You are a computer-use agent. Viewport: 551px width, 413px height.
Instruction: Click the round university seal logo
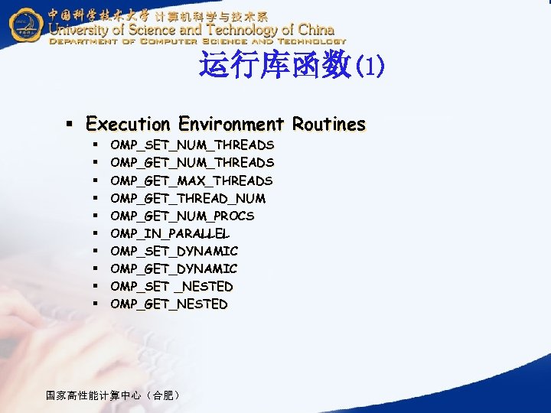tap(26, 26)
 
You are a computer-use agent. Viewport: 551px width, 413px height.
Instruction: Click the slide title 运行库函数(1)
tap(292, 66)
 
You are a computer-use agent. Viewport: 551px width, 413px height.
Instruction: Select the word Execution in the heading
tap(129, 124)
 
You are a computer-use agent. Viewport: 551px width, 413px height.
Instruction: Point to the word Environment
tap(231, 124)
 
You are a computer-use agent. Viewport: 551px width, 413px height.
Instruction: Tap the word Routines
tap(328, 124)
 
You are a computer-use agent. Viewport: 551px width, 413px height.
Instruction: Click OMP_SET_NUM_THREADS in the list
tap(192, 145)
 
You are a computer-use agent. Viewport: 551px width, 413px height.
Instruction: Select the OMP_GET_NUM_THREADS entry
tap(192, 162)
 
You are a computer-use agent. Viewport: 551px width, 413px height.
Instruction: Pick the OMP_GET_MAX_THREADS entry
tap(191, 180)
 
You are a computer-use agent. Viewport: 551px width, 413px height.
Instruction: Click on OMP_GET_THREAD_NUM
tap(188, 198)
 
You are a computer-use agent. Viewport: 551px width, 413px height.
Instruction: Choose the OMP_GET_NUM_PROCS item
tap(182, 216)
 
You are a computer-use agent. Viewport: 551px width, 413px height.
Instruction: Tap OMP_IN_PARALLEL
tap(170, 233)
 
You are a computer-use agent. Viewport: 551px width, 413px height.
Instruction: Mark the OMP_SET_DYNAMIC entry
tap(174, 251)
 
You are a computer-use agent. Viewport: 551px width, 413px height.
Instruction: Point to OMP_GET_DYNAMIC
tap(174, 268)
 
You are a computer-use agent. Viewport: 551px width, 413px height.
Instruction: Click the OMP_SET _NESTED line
tap(171, 286)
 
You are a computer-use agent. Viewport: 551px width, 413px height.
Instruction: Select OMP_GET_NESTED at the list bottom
tap(169, 304)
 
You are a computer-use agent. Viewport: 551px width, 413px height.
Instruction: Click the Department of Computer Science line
tap(197, 42)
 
